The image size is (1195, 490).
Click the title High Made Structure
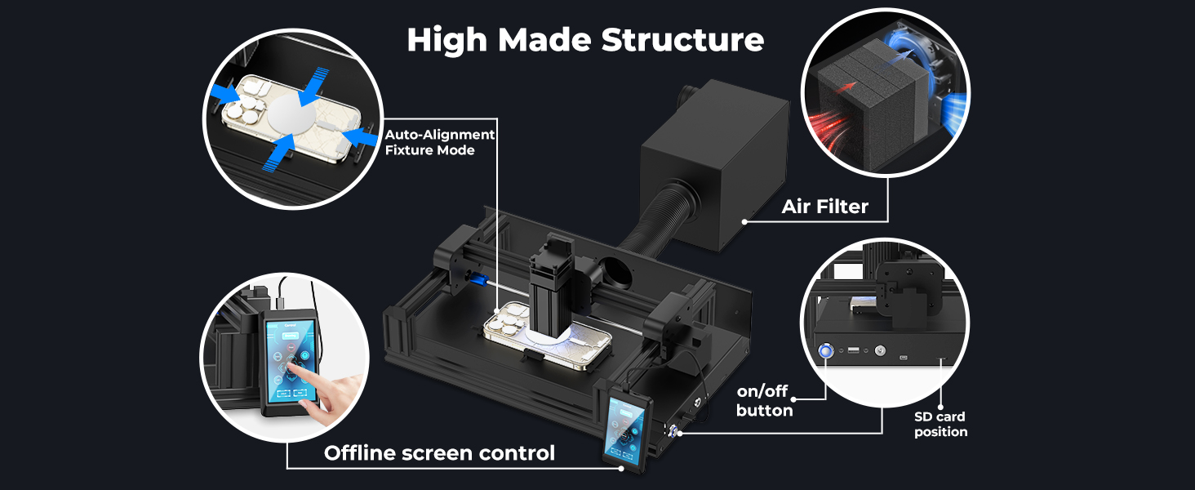[x=585, y=39]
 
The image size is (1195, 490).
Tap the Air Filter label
[x=824, y=207]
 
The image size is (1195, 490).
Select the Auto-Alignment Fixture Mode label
[x=440, y=142]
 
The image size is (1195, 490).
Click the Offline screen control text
[x=439, y=452]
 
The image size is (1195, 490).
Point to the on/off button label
[x=764, y=400]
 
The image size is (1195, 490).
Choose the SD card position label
[x=940, y=424]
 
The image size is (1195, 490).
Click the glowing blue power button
[x=826, y=351]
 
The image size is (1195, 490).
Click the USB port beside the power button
[x=853, y=351]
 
